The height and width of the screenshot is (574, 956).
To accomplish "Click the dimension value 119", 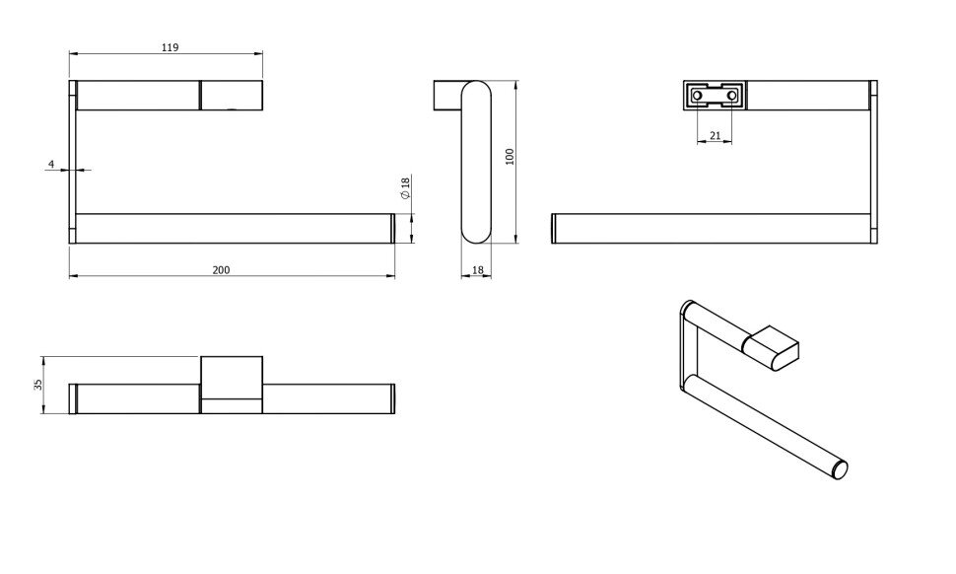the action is coord(171,47).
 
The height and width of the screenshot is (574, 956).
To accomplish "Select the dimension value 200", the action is coord(221,270).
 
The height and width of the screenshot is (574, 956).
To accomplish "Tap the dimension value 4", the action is coord(51,164).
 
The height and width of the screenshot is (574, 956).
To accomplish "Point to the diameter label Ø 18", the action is coord(405,187).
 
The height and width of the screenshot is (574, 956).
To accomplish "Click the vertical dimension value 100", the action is coord(511,156).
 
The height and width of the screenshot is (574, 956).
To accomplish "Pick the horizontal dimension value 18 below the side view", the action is coord(477,269).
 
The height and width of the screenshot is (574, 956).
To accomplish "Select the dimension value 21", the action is coord(716,135).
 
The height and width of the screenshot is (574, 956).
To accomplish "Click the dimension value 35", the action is coord(37,385).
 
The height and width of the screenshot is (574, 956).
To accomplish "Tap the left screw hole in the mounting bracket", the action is coord(698,96).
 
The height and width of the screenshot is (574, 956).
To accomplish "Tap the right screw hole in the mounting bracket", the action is coord(731,96).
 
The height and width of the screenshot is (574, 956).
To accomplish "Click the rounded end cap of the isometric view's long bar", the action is coord(840,469).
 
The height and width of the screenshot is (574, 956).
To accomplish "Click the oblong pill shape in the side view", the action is coord(476,162).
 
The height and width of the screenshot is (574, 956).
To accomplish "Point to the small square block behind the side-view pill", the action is coord(447,95).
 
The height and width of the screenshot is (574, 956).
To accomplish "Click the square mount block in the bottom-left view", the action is coord(232,385).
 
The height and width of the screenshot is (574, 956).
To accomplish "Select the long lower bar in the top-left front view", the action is coord(233,229).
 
